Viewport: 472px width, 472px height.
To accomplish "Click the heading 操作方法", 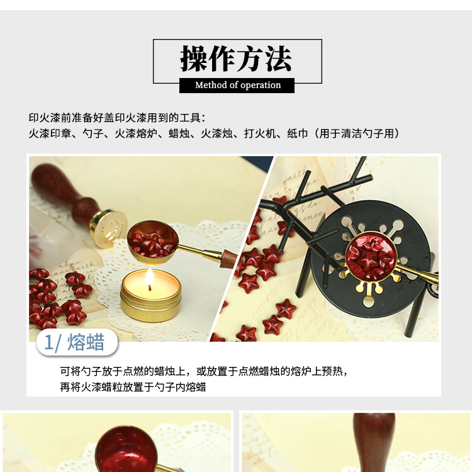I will point(237,59).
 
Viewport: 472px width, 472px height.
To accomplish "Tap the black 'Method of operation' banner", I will point(237,85).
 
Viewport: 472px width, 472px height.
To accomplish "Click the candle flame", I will point(150,277).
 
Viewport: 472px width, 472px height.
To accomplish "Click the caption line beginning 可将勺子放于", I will point(203,371).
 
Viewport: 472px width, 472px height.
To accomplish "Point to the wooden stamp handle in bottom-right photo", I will point(374,441).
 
